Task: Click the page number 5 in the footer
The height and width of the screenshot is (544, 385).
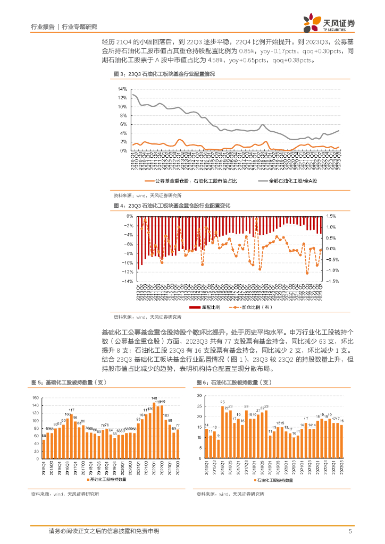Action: (x=350, y=531)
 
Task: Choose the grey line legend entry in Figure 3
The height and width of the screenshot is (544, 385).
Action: (x=290, y=181)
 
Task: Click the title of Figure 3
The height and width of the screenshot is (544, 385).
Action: (x=164, y=74)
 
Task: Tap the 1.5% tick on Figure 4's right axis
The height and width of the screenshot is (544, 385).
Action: (x=332, y=216)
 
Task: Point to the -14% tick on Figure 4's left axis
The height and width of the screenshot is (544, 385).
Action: (x=128, y=282)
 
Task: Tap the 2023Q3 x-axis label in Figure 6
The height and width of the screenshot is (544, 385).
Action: (x=341, y=468)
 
